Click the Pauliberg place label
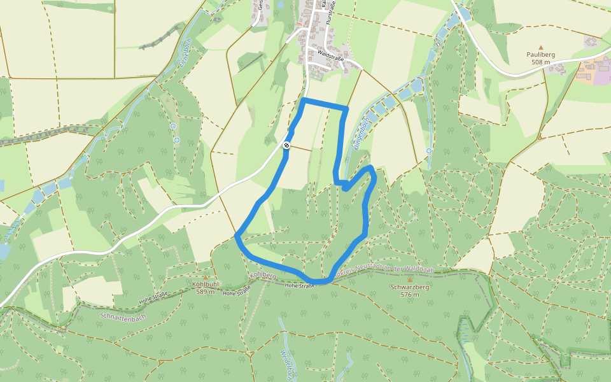click(x=541, y=55)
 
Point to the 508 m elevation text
click(x=541, y=62)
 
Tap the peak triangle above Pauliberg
click(x=541, y=47)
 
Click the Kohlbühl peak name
click(x=206, y=285)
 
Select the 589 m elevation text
click(x=206, y=292)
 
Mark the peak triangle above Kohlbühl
click(x=206, y=278)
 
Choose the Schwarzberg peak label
click(x=410, y=287)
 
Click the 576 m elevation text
click(x=410, y=295)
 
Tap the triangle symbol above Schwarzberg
click(x=410, y=279)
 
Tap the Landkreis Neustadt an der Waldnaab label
click(x=388, y=270)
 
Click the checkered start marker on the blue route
click(x=287, y=146)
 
